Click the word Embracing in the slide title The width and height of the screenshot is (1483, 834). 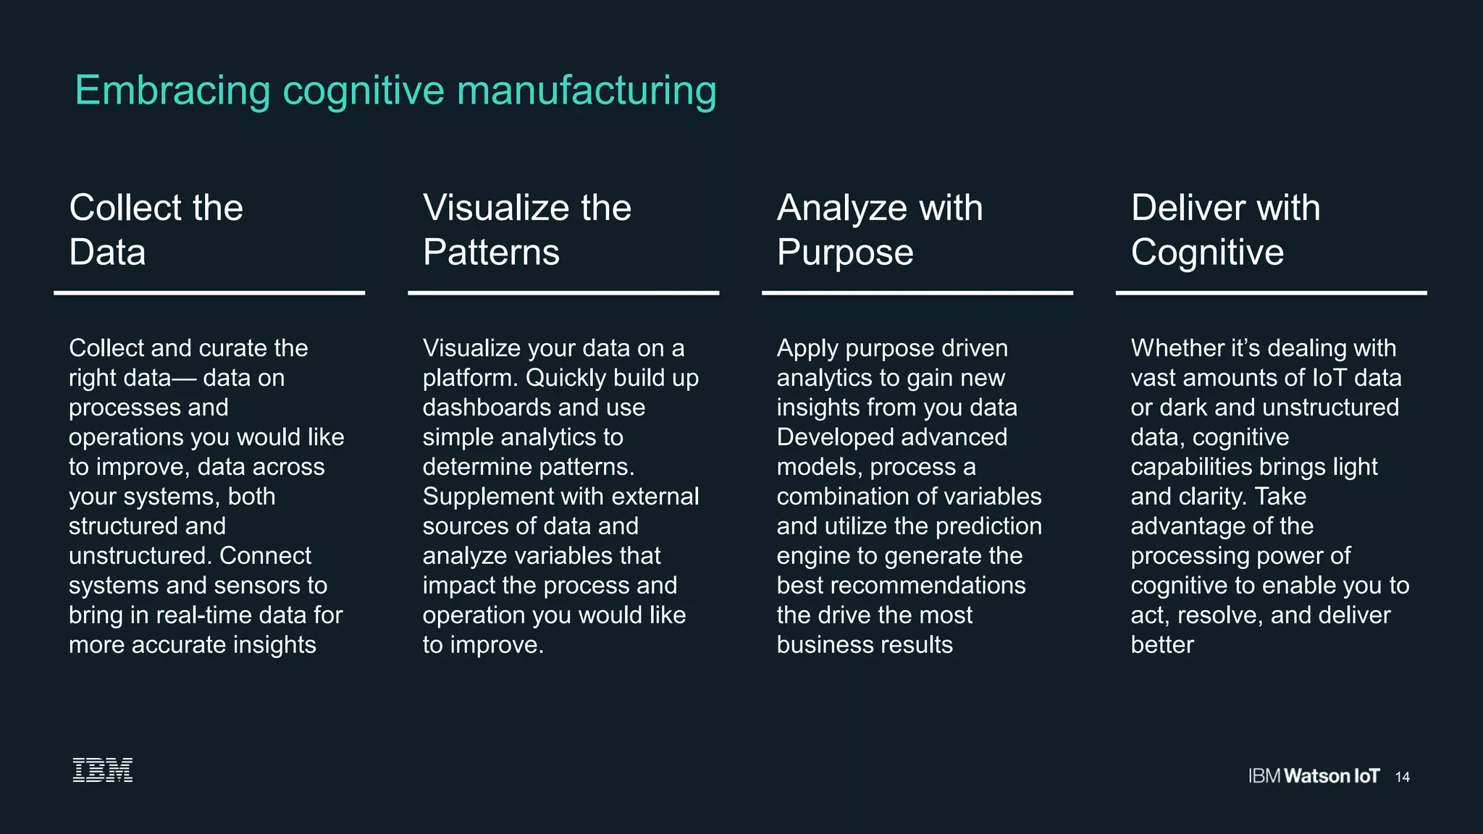173,91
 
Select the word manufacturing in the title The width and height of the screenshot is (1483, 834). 587,91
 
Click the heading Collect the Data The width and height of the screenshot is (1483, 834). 156,229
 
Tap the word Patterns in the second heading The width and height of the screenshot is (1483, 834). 491,253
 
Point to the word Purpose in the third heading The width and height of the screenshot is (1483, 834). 845,253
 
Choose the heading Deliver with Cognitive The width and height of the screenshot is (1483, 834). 1225,229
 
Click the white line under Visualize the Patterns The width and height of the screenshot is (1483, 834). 563,293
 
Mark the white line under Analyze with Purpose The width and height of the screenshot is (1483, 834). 917,293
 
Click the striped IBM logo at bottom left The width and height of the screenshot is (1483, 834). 103,770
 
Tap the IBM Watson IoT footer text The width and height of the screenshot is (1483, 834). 1314,776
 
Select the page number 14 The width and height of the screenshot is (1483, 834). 1403,777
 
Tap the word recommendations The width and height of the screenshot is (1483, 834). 934,586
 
